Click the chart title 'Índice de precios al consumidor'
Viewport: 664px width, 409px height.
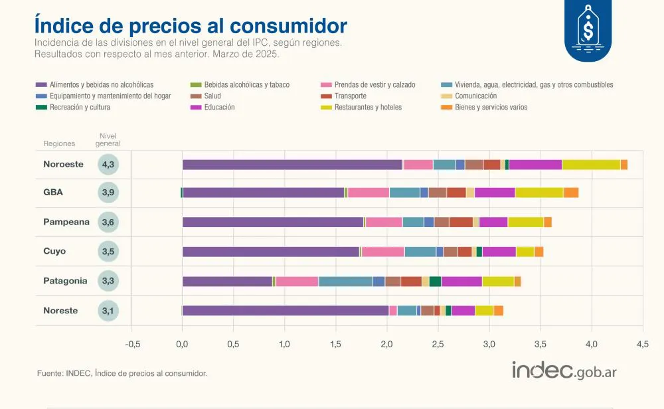tap(191, 25)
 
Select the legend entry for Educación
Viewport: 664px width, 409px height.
tap(219, 107)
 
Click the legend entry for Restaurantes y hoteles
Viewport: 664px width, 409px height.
tap(367, 107)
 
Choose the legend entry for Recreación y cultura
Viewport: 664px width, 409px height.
tap(79, 107)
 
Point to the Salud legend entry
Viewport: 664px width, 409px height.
tap(212, 96)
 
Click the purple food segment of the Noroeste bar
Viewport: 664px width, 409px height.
tap(292, 165)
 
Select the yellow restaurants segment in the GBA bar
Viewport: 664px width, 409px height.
tap(539, 193)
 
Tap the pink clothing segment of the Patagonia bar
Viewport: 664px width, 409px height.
tap(297, 281)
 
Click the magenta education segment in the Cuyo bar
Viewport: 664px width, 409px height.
tap(499, 252)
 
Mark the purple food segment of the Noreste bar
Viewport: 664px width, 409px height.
tap(286, 310)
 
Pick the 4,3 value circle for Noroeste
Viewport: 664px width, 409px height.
tap(108, 165)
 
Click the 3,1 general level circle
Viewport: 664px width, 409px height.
tap(108, 310)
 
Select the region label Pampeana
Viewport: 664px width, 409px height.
tap(66, 222)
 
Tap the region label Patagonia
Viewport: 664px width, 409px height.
tap(65, 281)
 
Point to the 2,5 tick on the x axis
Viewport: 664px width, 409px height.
tap(438, 344)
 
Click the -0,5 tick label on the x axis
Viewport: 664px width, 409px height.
tap(133, 344)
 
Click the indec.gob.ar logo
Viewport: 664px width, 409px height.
tap(564, 370)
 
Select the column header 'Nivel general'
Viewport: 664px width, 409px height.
tap(108, 139)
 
